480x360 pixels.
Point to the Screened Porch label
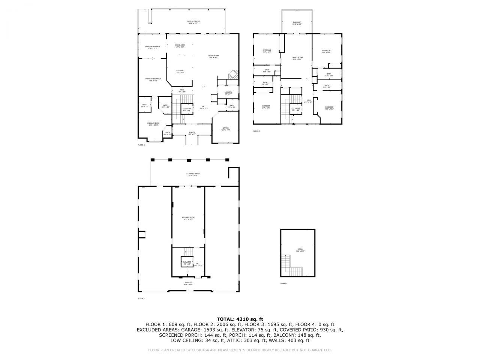coord(152,47)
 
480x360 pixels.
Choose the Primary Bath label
coord(153,124)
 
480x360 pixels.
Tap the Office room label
coord(226,129)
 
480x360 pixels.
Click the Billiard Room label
coord(188,218)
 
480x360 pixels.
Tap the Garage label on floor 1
coord(188,283)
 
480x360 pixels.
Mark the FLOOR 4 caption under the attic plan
coord(284,283)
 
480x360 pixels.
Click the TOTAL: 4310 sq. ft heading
coord(240,319)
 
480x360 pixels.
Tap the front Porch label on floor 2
coord(192,133)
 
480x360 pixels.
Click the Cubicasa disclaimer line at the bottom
coord(240,350)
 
